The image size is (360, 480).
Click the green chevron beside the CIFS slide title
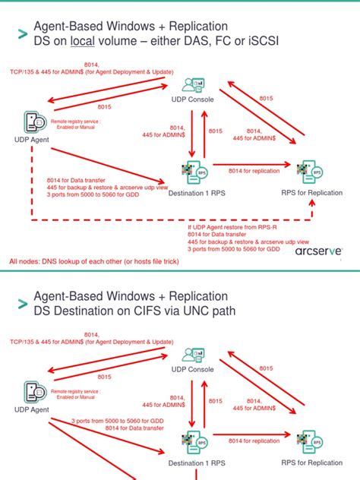click(21, 303)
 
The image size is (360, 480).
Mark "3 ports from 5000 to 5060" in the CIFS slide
click(114, 421)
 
